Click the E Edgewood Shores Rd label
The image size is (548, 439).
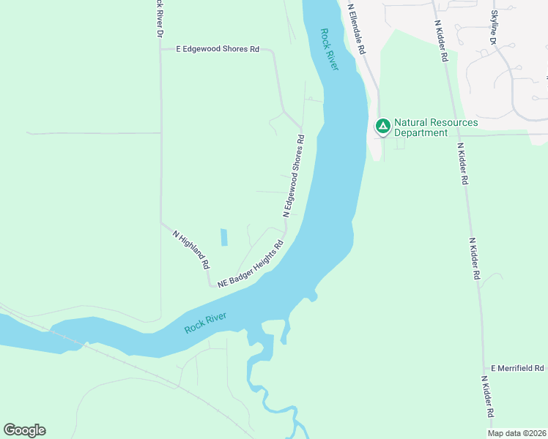(x=218, y=49)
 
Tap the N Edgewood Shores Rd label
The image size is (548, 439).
(x=294, y=176)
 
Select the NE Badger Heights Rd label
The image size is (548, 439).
(x=250, y=264)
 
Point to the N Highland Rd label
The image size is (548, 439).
(x=192, y=249)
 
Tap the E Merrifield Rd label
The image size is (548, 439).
(x=517, y=368)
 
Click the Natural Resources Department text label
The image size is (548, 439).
(x=436, y=127)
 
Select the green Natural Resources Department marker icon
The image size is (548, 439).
(x=382, y=126)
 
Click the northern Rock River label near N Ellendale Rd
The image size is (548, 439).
(x=329, y=49)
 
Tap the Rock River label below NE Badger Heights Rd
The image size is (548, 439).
(x=205, y=323)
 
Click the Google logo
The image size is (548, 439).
(x=24, y=430)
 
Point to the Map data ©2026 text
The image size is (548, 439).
(x=516, y=433)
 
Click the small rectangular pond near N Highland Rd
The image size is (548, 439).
(x=223, y=237)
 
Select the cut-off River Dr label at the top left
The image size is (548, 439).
(x=158, y=18)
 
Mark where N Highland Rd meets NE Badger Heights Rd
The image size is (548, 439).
(x=210, y=285)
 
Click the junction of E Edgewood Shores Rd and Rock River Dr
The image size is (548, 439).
(x=160, y=49)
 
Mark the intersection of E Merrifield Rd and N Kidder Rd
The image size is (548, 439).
(x=483, y=368)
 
